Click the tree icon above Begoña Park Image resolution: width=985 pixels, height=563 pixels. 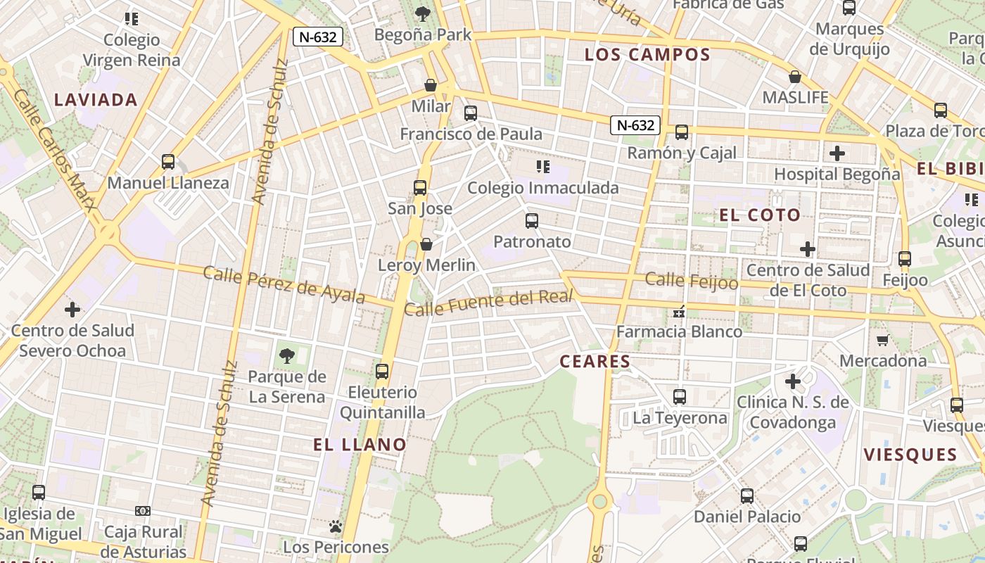click(422, 13)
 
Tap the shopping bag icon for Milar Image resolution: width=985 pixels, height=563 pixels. click(431, 86)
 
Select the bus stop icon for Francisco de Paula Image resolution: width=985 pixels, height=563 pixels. click(471, 113)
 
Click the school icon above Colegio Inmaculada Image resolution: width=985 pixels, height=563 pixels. click(542, 167)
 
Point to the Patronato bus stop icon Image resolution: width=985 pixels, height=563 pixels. click(532, 221)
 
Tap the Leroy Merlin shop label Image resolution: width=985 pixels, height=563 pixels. click(426, 265)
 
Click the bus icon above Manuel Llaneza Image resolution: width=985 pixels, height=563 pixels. click(168, 162)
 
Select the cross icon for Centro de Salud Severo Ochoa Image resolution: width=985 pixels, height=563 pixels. click(72, 310)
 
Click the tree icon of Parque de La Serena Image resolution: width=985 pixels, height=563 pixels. click(286, 356)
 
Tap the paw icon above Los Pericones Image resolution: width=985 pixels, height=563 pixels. click(336, 526)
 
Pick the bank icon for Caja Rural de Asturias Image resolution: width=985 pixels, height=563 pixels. click(143, 511)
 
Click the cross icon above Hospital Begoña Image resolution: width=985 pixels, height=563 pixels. click(837, 153)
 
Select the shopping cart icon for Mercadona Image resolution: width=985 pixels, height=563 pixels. click(882, 341)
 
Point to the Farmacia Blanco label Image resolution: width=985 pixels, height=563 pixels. click(679, 331)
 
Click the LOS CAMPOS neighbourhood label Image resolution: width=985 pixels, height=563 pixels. click(647, 55)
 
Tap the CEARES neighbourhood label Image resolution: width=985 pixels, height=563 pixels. click(595, 362)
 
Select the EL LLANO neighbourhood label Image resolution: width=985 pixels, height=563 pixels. click(360, 445)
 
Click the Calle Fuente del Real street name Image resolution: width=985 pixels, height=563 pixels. click(490, 303)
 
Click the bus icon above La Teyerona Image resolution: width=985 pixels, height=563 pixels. click(680, 397)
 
